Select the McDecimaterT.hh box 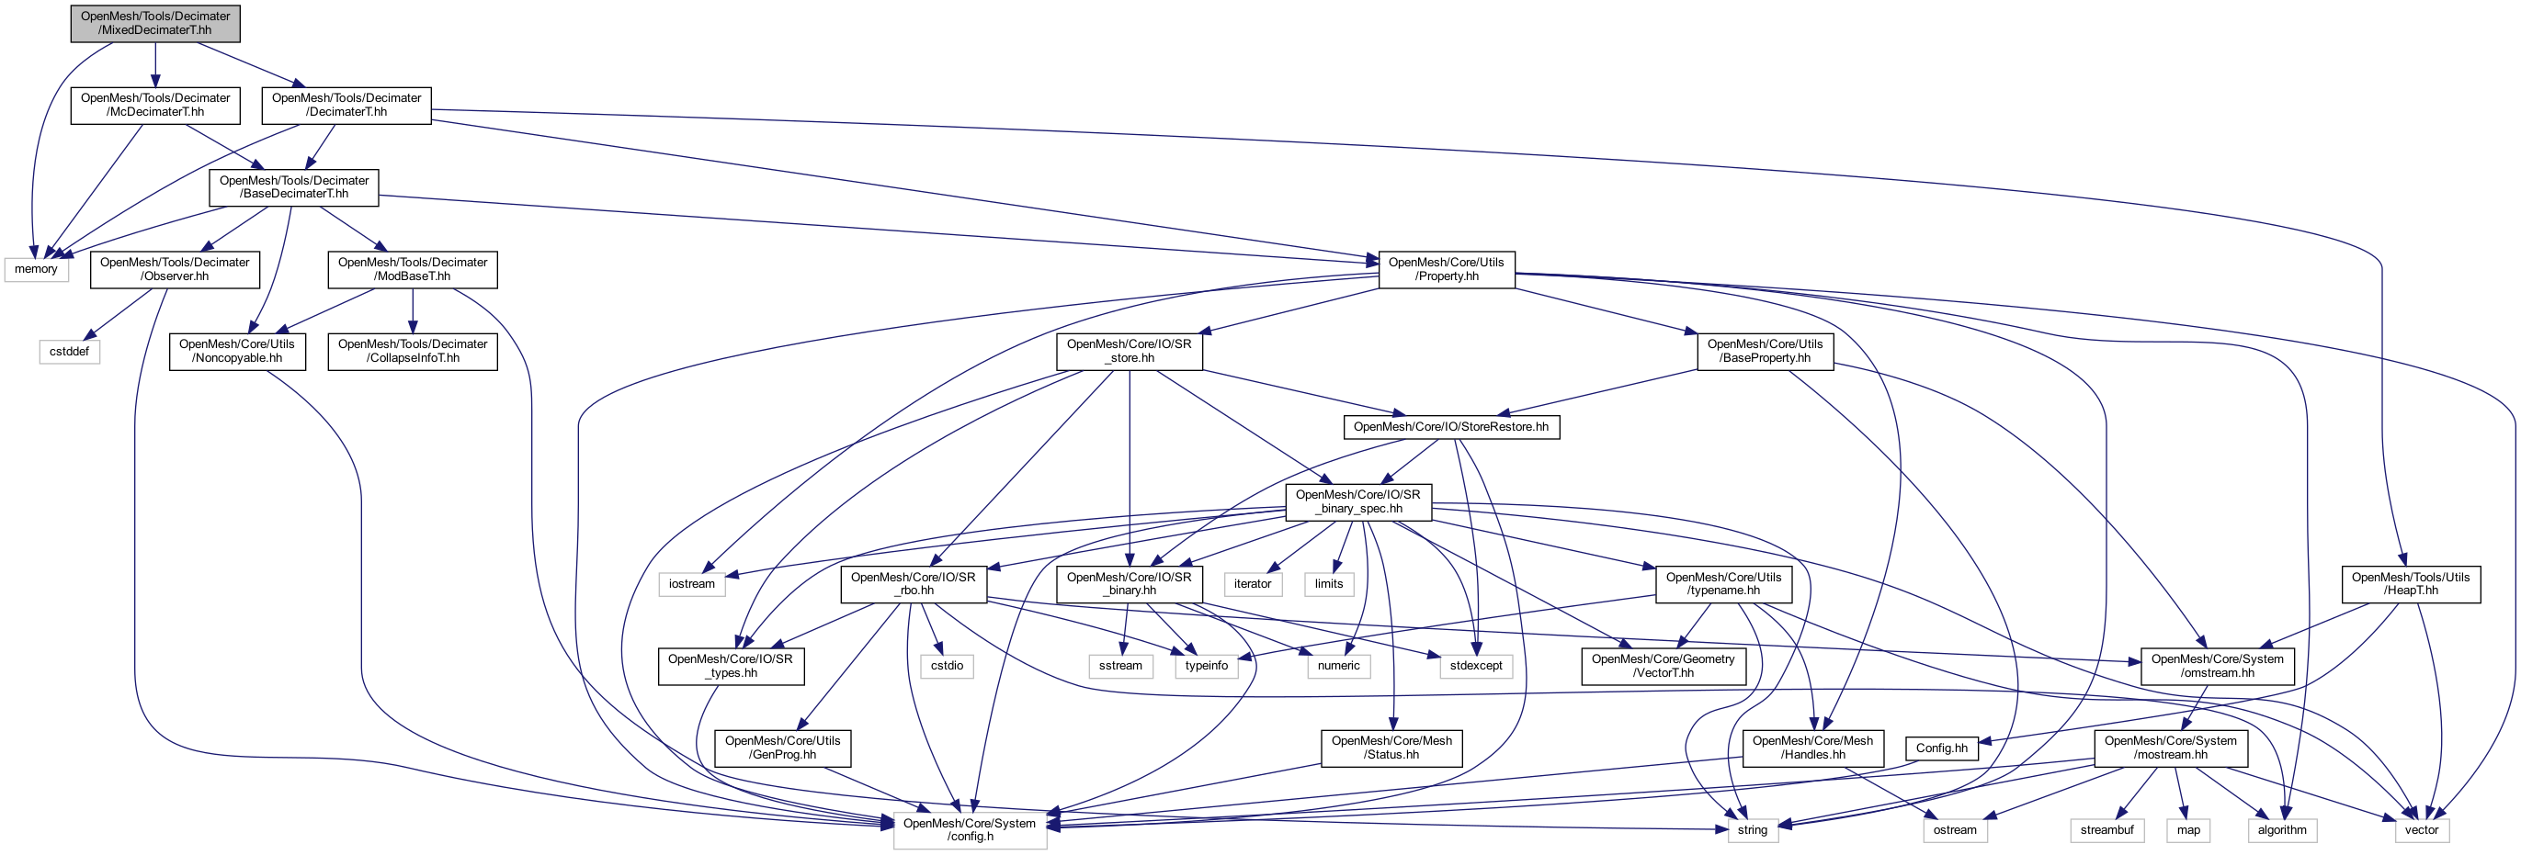pos(154,106)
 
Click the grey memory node pos(36,269)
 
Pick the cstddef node pos(70,351)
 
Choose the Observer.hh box pos(175,270)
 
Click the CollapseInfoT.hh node pos(412,351)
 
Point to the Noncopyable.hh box pos(237,351)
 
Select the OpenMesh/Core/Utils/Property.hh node pos(1446,270)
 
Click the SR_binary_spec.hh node pos(1357,501)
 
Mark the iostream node pos(692,584)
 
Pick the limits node pos(1328,584)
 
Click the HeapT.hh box pos(2410,584)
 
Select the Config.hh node pos(1942,748)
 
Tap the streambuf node pos(2107,829)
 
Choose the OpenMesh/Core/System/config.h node pos(969,829)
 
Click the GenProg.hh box pos(782,748)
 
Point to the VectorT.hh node pos(1663,666)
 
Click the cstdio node pos(947,666)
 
